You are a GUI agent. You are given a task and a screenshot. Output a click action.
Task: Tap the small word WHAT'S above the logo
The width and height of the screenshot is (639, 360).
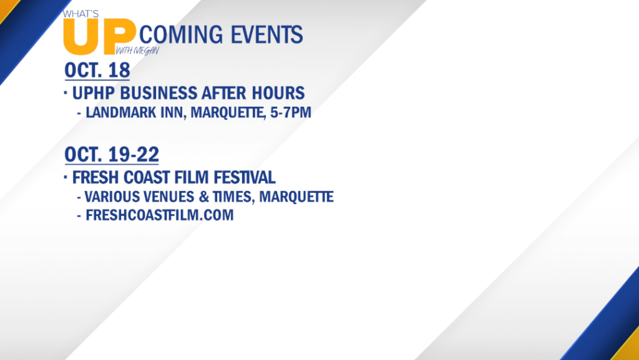[x=80, y=14]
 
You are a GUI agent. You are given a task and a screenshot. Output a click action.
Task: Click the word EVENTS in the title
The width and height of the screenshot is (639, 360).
[x=266, y=34]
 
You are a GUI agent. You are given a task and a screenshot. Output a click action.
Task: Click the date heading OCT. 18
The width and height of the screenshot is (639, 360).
[x=97, y=70]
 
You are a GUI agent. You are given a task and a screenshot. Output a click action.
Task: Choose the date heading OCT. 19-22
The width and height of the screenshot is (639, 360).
[x=112, y=154]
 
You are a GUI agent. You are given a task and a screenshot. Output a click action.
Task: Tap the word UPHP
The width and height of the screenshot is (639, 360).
[x=94, y=93]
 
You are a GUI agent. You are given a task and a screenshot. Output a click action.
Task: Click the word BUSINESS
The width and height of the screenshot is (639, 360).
[x=158, y=93]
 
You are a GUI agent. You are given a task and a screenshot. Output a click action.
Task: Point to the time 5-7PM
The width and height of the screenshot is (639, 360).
[x=291, y=112]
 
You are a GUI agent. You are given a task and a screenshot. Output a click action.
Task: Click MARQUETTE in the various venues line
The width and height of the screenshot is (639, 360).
[x=296, y=197]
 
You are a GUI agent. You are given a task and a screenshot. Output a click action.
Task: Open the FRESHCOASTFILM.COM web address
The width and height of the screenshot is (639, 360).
[x=160, y=215]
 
